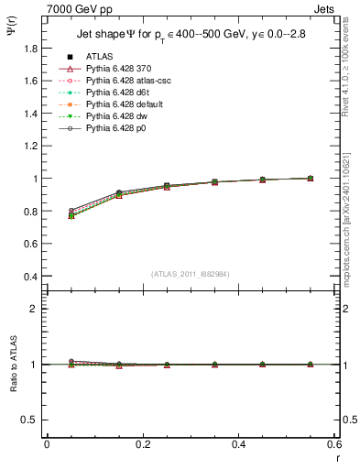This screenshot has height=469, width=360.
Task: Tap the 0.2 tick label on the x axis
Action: pos(143,443)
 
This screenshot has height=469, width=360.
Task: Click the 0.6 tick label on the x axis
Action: pos(334,443)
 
